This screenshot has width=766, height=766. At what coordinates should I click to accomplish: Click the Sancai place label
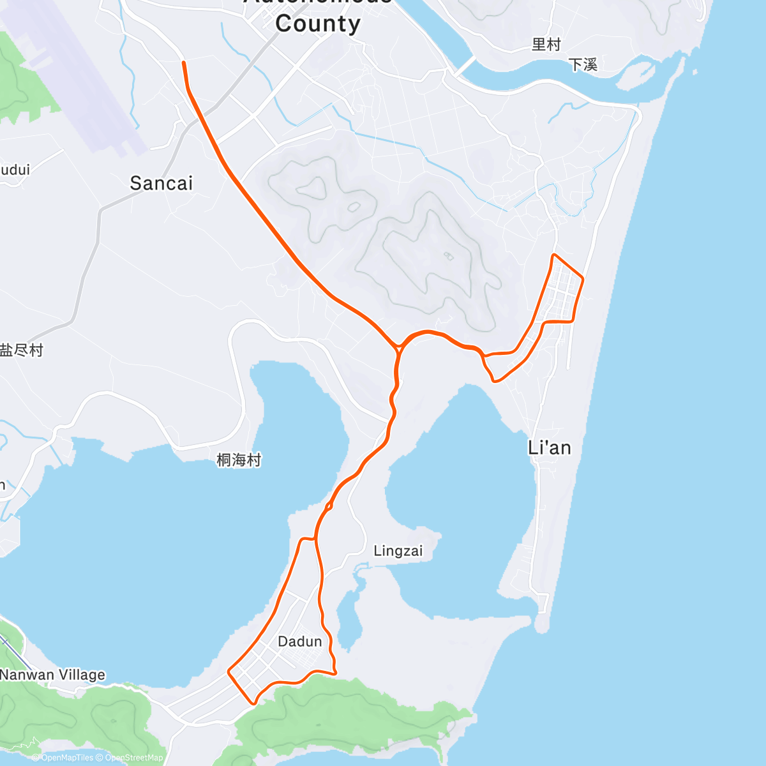(161, 183)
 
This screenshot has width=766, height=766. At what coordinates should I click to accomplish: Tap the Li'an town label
(549, 447)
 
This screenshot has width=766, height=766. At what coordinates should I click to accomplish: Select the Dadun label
(300, 641)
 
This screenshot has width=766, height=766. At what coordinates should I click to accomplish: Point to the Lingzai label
(398, 550)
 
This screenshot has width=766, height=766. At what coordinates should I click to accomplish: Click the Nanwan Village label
(52, 675)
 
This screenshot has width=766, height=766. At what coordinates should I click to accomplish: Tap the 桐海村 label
(239, 460)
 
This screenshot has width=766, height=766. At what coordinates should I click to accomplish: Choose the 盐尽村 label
(22, 350)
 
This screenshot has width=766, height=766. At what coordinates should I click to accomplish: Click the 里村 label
(546, 44)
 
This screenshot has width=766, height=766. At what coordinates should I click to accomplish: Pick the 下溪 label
(582, 64)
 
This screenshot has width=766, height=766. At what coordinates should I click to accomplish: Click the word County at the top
(318, 24)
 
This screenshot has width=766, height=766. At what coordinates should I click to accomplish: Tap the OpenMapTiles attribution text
(66, 758)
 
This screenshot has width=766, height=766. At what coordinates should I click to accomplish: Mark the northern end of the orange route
(184, 63)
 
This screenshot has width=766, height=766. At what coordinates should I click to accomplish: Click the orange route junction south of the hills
(398, 348)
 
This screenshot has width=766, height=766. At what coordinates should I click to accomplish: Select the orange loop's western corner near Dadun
(230, 671)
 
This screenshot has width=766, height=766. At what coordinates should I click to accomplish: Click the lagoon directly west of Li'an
(460, 498)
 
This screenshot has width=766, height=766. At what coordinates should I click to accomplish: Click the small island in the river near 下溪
(632, 73)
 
